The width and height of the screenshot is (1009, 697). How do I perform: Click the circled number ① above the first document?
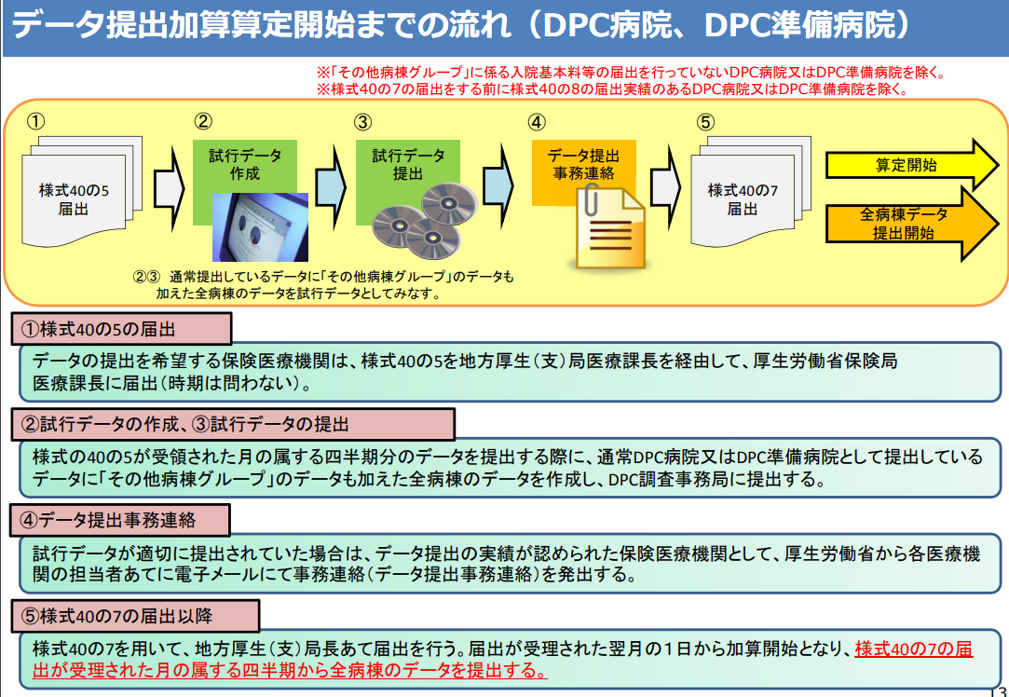(36, 120)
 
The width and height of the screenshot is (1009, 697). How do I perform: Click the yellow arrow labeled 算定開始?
(912, 166)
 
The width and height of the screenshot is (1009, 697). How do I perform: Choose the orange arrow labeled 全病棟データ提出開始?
(912, 224)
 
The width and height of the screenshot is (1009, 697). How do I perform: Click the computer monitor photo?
(260, 227)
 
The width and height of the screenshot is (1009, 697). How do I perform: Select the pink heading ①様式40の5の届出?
(121, 330)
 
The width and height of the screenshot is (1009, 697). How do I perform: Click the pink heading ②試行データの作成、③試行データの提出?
(232, 424)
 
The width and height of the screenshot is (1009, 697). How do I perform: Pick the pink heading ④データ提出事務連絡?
(120, 520)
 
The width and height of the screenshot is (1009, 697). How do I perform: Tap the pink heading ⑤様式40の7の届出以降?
(135, 616)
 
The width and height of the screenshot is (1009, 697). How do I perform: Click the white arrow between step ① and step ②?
(170, 180)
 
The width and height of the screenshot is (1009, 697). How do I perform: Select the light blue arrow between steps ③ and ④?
(498, 180)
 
